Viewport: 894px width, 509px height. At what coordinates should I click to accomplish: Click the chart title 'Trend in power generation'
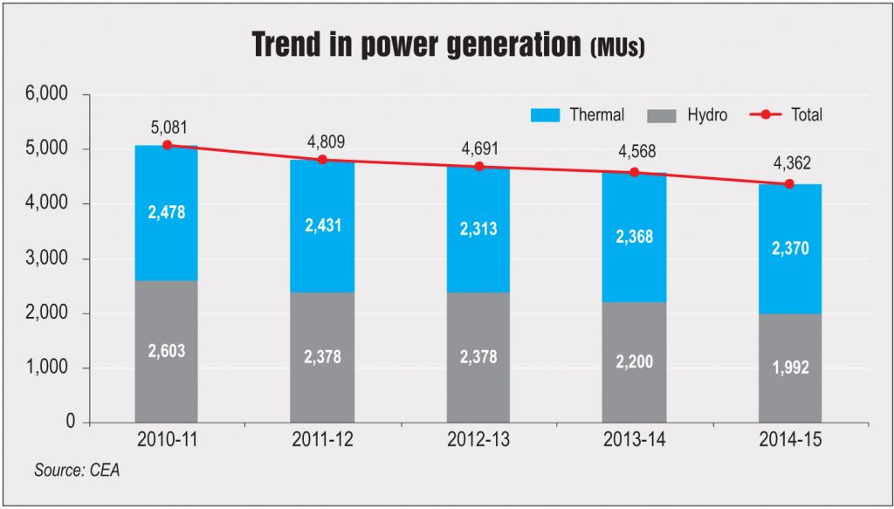(417, 45)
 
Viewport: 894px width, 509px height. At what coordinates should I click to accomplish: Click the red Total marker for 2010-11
(167, 145)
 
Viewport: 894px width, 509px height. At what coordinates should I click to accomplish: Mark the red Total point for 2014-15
(789, 184)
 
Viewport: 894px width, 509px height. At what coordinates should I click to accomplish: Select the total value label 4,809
(322, 141)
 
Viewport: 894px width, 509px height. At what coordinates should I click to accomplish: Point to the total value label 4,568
(634, 153)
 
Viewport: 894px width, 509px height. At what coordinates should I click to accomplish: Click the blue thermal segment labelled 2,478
(167, 212)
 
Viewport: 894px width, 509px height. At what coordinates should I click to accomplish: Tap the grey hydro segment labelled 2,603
(167, 352)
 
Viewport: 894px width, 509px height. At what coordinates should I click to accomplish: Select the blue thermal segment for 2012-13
(478, 230)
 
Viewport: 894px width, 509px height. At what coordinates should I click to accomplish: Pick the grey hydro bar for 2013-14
(634, 362)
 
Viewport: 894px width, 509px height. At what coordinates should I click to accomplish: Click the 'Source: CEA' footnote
(77, 471)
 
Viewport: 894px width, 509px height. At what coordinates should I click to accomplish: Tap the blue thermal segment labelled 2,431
(322, 224)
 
